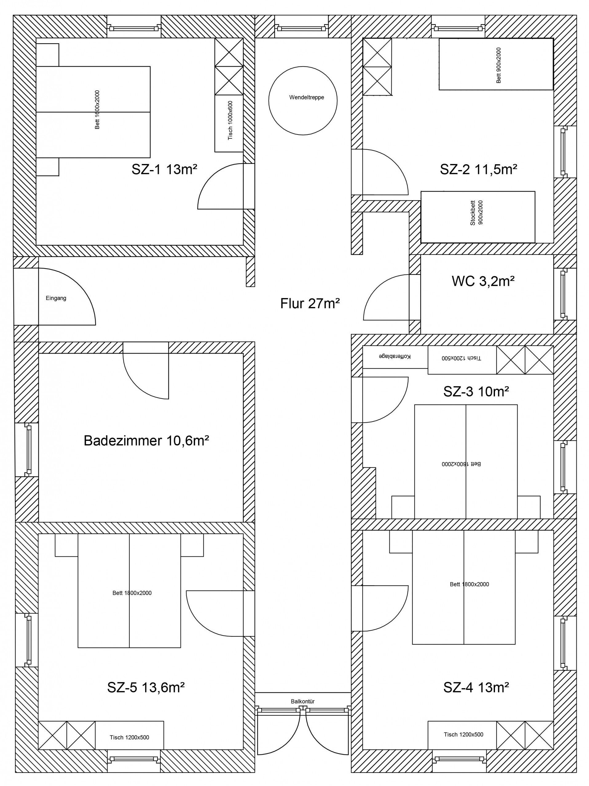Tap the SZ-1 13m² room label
[x=164, y=169]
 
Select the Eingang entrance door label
[x=56, y=298]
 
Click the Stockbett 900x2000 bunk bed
[x=478, y=217]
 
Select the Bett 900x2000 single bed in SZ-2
[x=496, y=64]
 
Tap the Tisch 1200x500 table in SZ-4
[x=463, y=734]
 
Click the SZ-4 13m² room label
[x=476, y=687]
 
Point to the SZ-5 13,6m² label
[x=146, y=687]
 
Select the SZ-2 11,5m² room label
[x=478, y=169]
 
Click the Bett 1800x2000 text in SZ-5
[x=132, y=593]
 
